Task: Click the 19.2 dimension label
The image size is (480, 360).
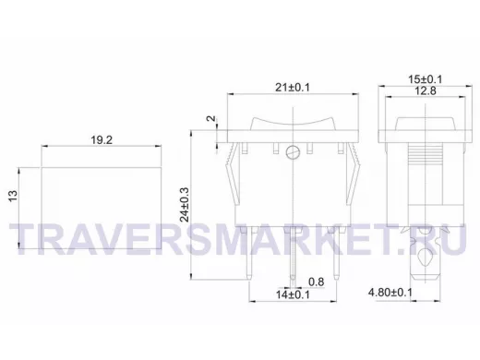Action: (x=102, y=140)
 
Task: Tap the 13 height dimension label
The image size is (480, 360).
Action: (x=13, y=196)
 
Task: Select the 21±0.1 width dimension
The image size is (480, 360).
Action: (x=293, y=88)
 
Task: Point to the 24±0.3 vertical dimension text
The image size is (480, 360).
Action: (x=185, y=205)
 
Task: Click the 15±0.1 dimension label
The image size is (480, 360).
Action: (x=426, y=79)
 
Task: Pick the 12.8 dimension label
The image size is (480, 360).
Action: (x=426, y=90)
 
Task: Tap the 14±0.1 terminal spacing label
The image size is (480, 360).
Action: (x=293, y=294)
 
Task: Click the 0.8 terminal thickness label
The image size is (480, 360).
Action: (x=317, y=282)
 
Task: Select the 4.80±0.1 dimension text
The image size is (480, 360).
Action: (x=390, y=293)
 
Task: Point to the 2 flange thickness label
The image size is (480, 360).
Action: (x=212, y=119)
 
